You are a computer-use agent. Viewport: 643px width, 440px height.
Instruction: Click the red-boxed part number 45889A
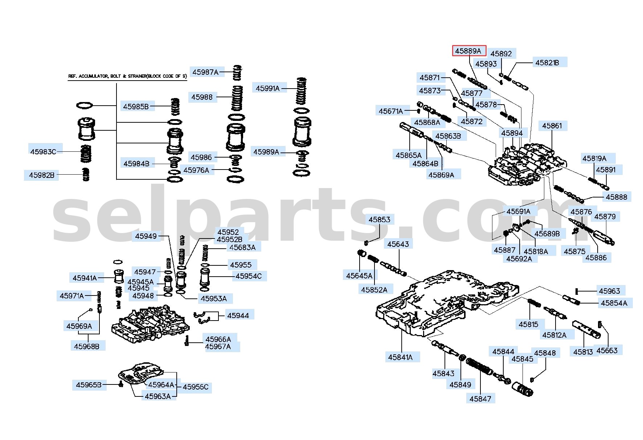click(469, 51)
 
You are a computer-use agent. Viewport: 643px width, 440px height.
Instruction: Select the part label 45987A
click(205, 72)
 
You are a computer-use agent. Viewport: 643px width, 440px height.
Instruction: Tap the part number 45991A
click(268, 88)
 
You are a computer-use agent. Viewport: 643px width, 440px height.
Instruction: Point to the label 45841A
click(400, 357)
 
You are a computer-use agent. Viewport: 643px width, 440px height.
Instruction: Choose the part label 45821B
click(547, 62)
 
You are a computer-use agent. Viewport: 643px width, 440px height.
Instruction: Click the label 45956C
click(196, 387)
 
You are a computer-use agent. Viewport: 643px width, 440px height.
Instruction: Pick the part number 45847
click(480, 399)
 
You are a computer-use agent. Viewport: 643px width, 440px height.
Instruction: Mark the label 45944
click(238, 315)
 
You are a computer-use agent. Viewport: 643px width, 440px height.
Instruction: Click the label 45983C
click(43, 152)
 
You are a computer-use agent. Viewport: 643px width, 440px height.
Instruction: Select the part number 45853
click(379, 219)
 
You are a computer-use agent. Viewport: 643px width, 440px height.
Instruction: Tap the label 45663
click(607, 350)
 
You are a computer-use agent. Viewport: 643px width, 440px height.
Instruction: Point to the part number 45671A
click(391, 111)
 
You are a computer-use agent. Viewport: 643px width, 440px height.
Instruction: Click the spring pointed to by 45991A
click(301, 91)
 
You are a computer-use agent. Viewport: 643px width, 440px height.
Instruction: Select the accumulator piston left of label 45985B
click(86, 129)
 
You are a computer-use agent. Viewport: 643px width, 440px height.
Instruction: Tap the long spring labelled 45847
click(479, 366)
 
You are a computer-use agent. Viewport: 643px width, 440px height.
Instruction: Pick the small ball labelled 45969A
click(91, 310)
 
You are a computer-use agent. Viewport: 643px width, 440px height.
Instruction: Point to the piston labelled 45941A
click(119, 277)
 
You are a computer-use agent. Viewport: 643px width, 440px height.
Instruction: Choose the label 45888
click(616, 197)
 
